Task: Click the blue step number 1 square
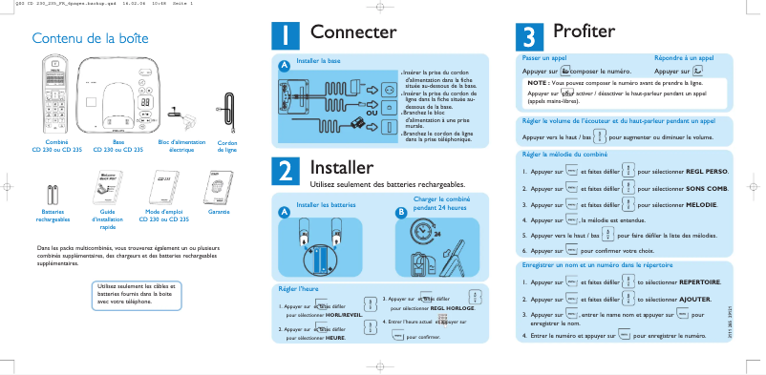287,33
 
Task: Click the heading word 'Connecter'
353,33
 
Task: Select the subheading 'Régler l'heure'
299,287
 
